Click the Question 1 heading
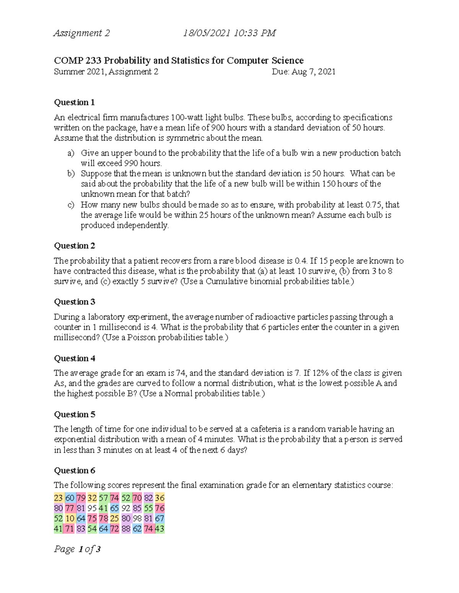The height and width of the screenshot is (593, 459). click(x=74, y=102)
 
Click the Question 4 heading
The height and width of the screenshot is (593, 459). click(x=75, y=358)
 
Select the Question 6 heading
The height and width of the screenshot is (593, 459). click(x=75, y=470)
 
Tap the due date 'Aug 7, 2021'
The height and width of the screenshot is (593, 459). click(x=313, y=72)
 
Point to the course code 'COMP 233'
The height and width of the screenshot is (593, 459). click(x=78, y=60)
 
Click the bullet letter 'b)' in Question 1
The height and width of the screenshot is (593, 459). click(x=71, y=174)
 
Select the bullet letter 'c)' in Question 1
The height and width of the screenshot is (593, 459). click(x=71, y=205)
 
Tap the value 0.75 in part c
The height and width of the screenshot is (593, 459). click(x=373, y=205)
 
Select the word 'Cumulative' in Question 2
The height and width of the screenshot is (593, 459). click(x=226, y=281)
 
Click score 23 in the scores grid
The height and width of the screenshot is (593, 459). click(x=58, y=498)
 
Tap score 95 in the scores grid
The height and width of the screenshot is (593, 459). click(x=92, y=508)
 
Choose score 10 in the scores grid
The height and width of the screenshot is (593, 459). click(x=70, y=519)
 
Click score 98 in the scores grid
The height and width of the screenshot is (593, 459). click(x=137, y=519)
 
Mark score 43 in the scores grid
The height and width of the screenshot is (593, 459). click(x=160, y=529)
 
